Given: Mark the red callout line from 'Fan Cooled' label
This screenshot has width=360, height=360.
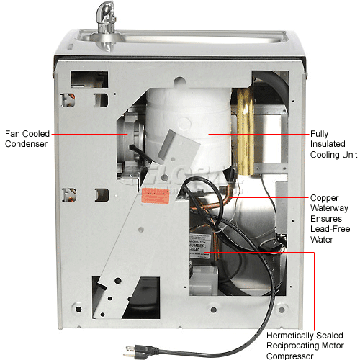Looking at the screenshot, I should coord(86,133).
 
